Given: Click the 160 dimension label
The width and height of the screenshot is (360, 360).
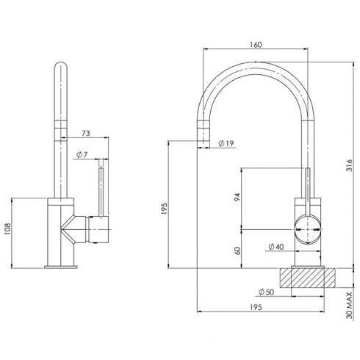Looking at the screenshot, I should pos(255,45).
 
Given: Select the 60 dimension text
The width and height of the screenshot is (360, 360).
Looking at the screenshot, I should pos(236,251).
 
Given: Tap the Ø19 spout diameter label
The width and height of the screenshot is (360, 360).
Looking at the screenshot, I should pos(226,143).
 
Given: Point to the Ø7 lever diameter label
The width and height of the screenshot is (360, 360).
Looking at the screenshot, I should pos(81,155).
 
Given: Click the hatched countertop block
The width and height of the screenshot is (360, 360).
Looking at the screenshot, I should pos(307,278).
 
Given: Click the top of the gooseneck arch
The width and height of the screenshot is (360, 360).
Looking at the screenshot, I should pos(256,64).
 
